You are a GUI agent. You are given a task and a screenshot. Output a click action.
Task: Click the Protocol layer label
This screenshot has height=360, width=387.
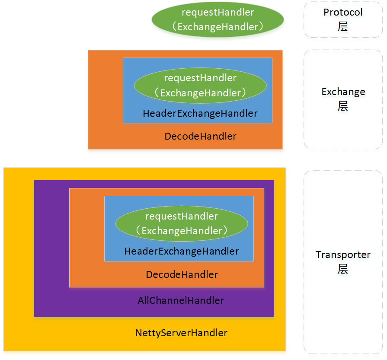pyautogui.click(x=343, y=19)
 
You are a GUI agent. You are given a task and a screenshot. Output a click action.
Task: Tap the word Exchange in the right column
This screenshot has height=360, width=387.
pyautogui.click(x=343, y=92)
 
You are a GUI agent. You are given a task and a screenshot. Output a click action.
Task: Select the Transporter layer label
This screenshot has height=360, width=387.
pyautogui.click(x=343, y=261)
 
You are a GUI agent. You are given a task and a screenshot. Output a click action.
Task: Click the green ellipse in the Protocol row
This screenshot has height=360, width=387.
pyautogui.click(x=217, y=20)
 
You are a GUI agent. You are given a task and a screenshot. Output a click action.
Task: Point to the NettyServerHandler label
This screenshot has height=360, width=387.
pyautogui.click(x=181, y=333)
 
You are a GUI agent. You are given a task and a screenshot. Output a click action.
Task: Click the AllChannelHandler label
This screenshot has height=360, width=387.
pyautogui.click(x=181, y=300)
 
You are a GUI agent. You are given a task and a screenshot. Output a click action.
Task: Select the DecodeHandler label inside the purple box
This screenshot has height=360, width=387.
pyautogui.click(x=182, y=274)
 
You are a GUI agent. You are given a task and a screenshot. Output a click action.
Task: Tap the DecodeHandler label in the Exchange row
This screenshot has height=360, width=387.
pyautogui.click(x=200, y=136)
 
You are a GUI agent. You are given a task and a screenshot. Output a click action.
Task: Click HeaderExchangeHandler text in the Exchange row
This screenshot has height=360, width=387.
pyautogui.click(x=200, y=113)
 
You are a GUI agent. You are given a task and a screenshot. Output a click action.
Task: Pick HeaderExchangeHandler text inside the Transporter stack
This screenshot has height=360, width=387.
pyautogui.click(x=182, y=251)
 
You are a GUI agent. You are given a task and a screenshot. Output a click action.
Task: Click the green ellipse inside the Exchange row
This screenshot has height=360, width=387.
pyautogui.click(x=200, y=86)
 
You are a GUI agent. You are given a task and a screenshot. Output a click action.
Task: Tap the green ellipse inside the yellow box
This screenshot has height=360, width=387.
pyautogui.click(x=182, y=223)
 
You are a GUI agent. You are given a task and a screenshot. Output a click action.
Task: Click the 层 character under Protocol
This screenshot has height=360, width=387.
pyautogui.click(x=343, y=26)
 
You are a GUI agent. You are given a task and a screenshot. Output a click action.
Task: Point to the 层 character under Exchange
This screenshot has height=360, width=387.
pyautogui.click(x=343, y=106)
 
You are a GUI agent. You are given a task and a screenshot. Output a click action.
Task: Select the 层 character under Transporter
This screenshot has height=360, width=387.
pyautogui.click(x=343, y=269)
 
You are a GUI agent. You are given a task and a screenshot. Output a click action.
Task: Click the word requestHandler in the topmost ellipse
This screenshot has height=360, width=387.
pyautogui.click(x=218, y=13)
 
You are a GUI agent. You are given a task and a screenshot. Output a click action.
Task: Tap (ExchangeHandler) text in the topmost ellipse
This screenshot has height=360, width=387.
pyautogui.click(x=217, y=27)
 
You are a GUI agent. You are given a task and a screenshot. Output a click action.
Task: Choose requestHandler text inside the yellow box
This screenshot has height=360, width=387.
pyautogui.click(x=182, y=216)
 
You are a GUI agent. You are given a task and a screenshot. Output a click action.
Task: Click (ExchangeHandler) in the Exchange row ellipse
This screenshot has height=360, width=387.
pyautogui.click(x=200, y=93)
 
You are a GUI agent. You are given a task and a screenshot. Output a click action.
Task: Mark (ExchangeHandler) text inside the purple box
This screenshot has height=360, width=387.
pyautogui.click(x=182, y=231)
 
